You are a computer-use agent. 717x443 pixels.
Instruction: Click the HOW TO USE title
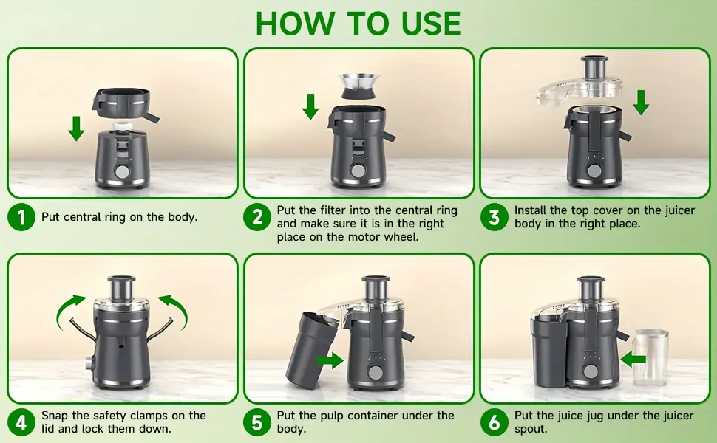tap(358, 24)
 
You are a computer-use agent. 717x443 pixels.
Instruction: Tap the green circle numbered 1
tap(21, 217)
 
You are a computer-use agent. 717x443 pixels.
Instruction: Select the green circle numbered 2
tap(257, 217)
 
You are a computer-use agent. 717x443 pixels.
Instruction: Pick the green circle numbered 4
tap(21, 422)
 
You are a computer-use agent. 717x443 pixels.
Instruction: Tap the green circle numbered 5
tap(257, 422)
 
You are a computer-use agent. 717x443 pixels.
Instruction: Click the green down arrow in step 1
tap(75, 127)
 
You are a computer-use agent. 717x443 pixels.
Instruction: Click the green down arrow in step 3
tap(641, 101)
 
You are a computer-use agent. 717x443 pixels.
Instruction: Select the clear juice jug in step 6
tap(650, 357)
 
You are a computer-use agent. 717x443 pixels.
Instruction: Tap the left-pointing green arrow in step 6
tap(633, 360)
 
